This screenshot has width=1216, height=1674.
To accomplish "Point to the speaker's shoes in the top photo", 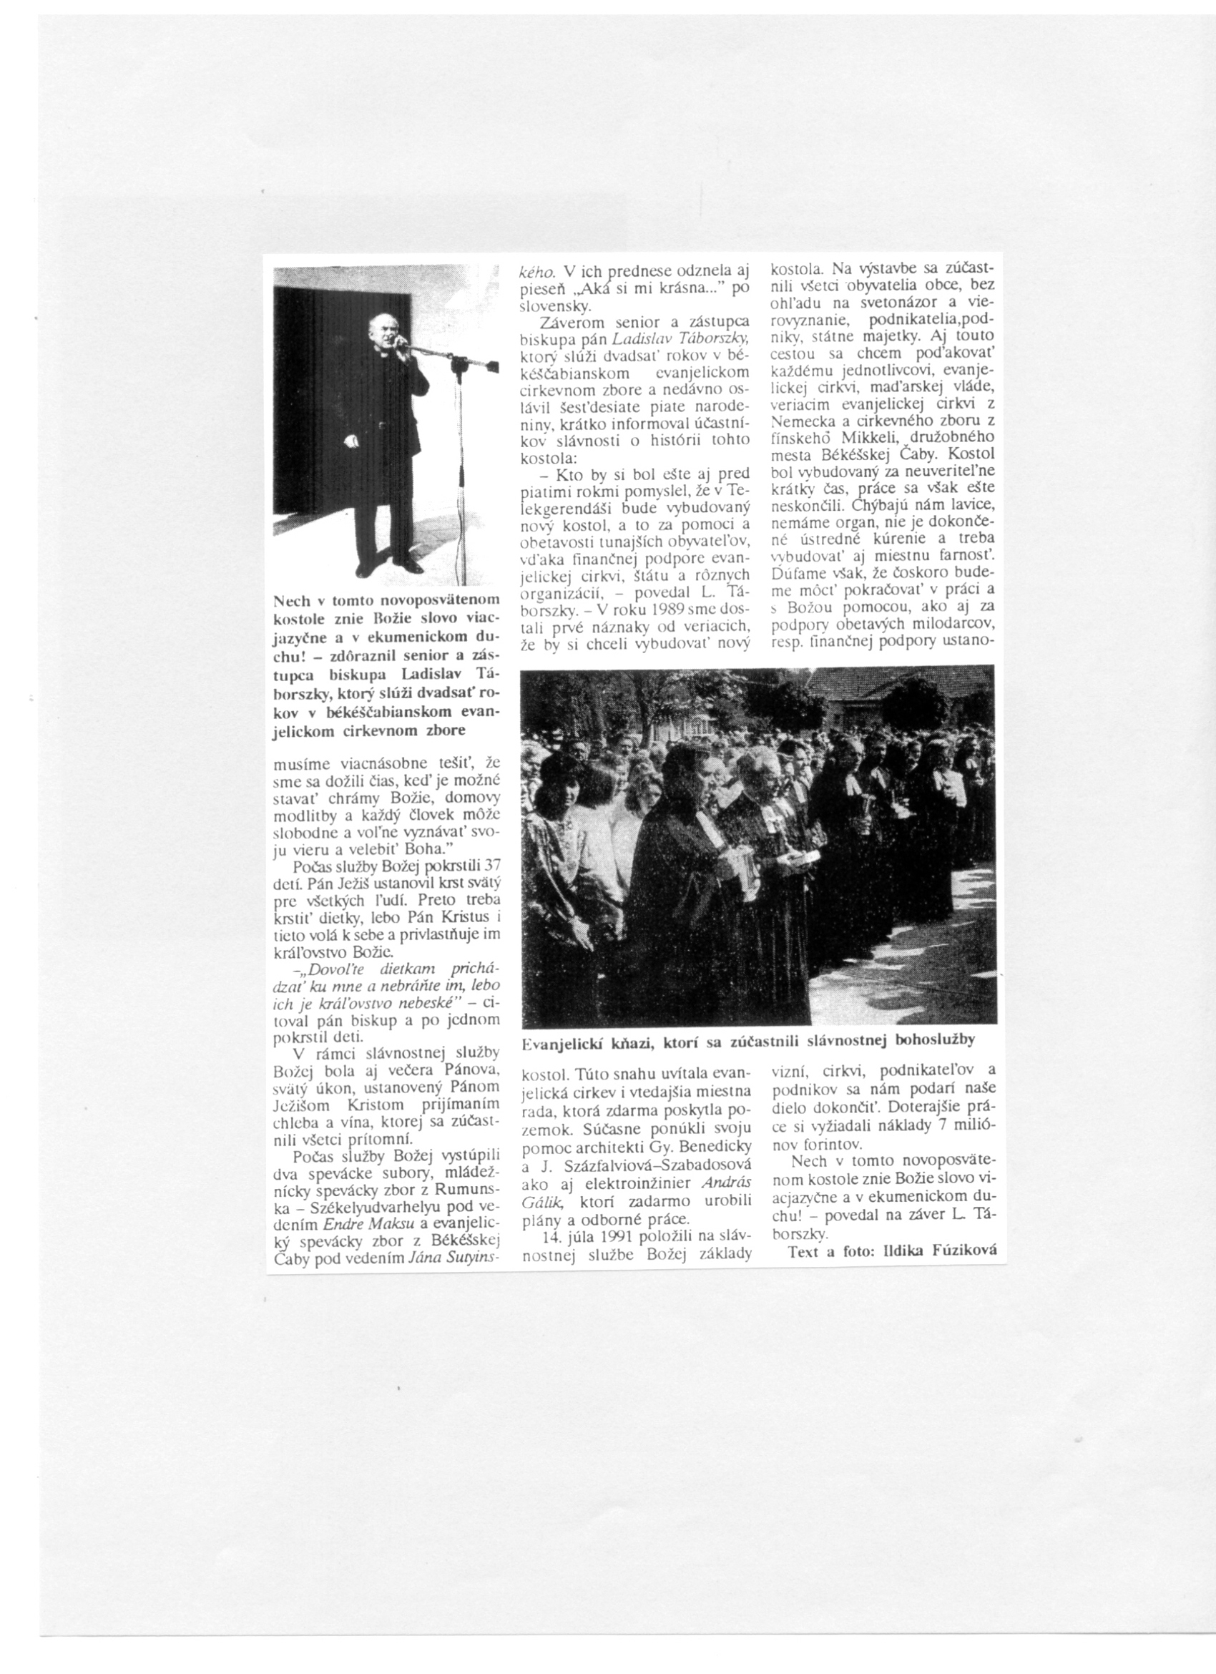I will [390, 568].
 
